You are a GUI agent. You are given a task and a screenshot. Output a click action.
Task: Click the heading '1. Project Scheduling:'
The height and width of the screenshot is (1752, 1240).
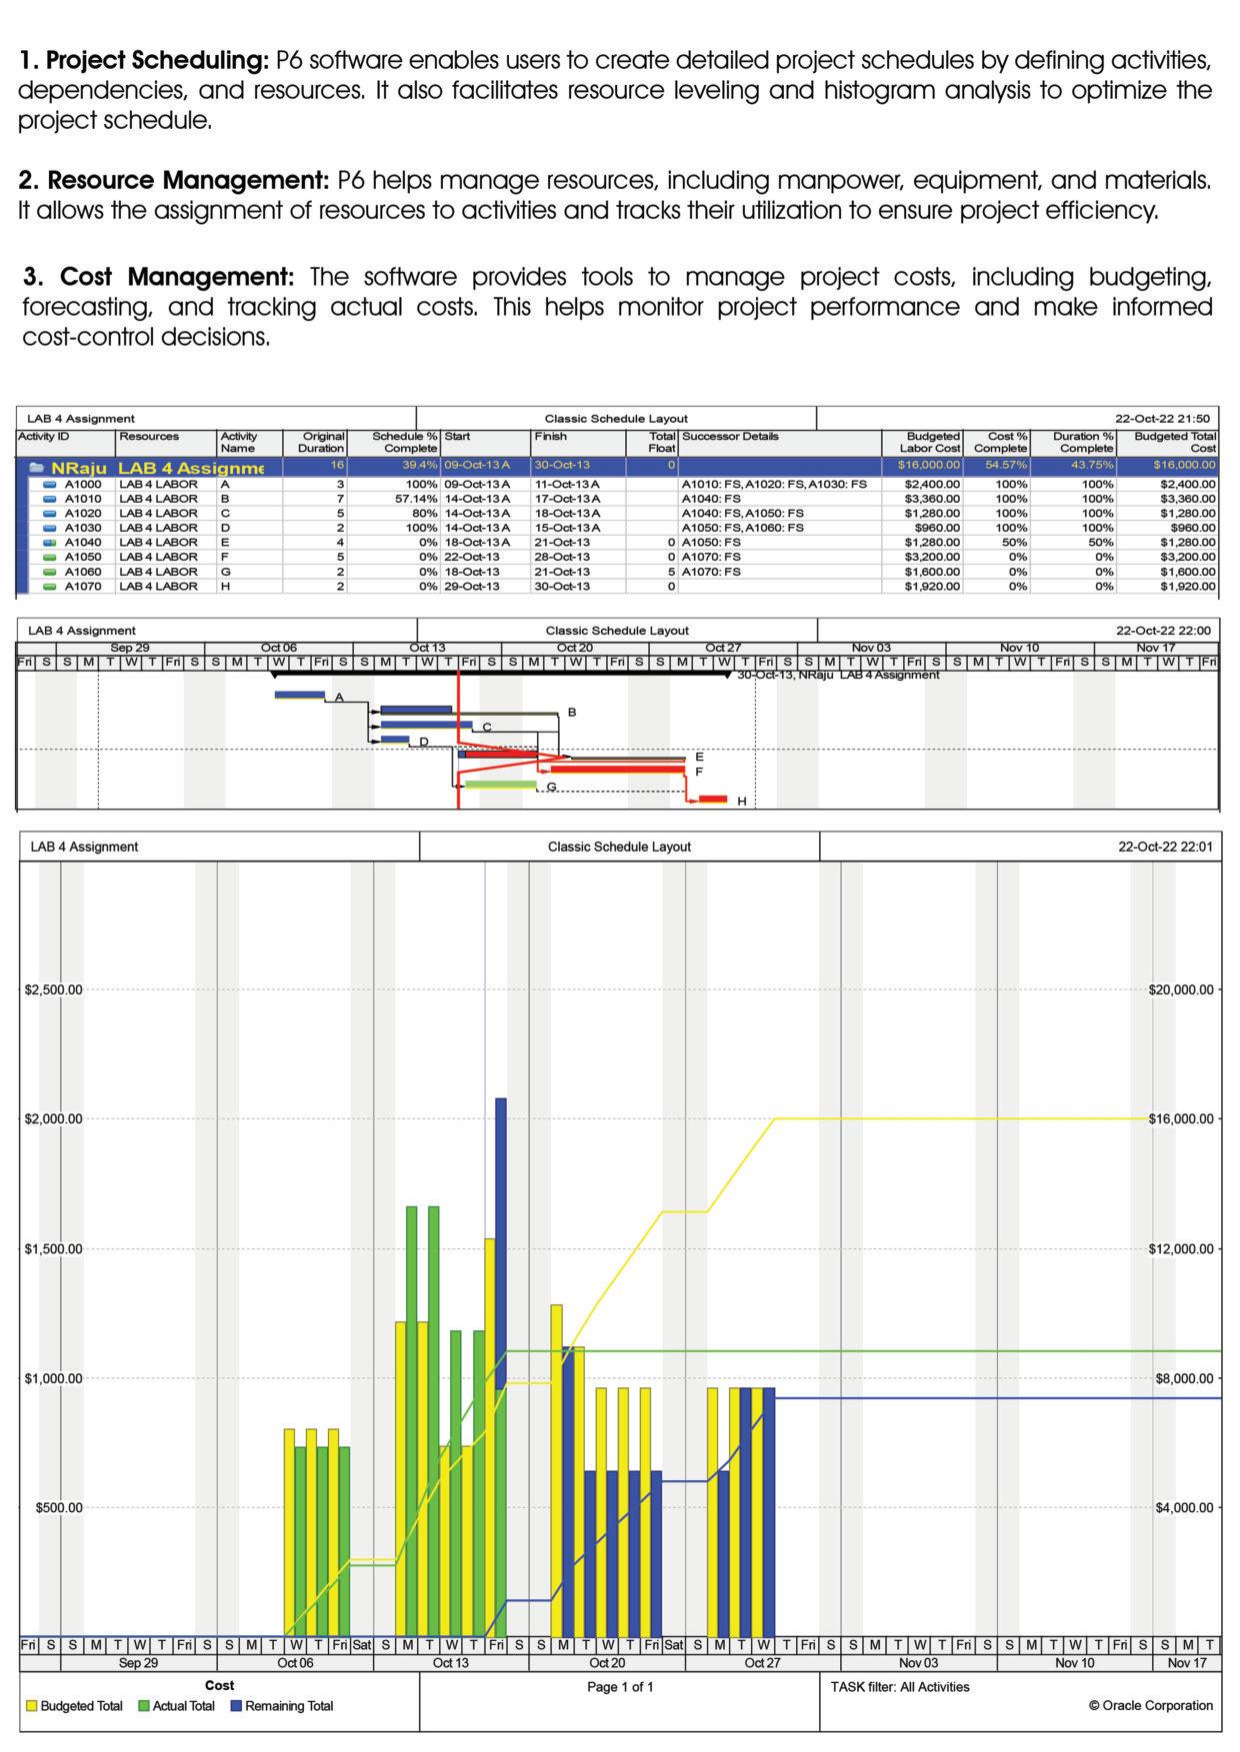click(x=144, y=61)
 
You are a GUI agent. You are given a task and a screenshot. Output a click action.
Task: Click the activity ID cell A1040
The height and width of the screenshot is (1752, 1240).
click(x=83, y=543)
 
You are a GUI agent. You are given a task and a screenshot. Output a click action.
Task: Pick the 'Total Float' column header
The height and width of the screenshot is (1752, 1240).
click(x=662, y=442)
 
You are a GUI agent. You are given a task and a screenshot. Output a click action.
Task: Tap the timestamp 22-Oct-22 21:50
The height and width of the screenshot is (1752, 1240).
click(x=1163, y=419)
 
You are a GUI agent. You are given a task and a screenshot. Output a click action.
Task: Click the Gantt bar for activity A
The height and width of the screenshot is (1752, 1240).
click(x=300, y=695)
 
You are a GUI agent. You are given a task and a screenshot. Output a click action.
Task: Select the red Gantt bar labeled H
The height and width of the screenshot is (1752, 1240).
click(x=713, y=800)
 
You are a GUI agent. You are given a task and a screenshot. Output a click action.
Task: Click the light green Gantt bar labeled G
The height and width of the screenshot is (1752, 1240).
click(x=500, y=786)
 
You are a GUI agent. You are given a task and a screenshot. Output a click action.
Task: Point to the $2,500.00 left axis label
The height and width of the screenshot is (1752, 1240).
click(x=54, y=989)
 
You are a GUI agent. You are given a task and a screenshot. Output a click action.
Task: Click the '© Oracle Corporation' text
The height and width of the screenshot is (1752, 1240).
click(x=1150, y=1705)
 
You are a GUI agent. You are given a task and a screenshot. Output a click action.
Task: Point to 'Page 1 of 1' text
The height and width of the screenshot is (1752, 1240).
click(x=620, y=1687)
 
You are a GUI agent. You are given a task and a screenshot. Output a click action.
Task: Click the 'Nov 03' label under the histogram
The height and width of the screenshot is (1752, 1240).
click(x=918, y=1663)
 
